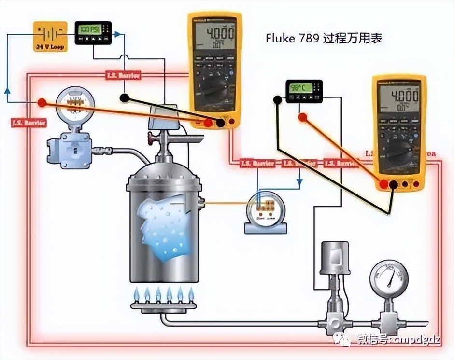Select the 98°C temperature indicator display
tap(303, 91)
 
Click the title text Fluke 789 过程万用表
tap(324, 38)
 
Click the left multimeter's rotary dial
tap(214, 89)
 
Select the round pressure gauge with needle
tap(389, 278)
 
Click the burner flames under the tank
tap(163, 293)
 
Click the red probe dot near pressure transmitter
tap(42, 103)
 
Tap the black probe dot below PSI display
tap(124, 98)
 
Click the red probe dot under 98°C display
tap(303, 117)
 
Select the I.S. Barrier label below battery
tap(28, 123)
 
